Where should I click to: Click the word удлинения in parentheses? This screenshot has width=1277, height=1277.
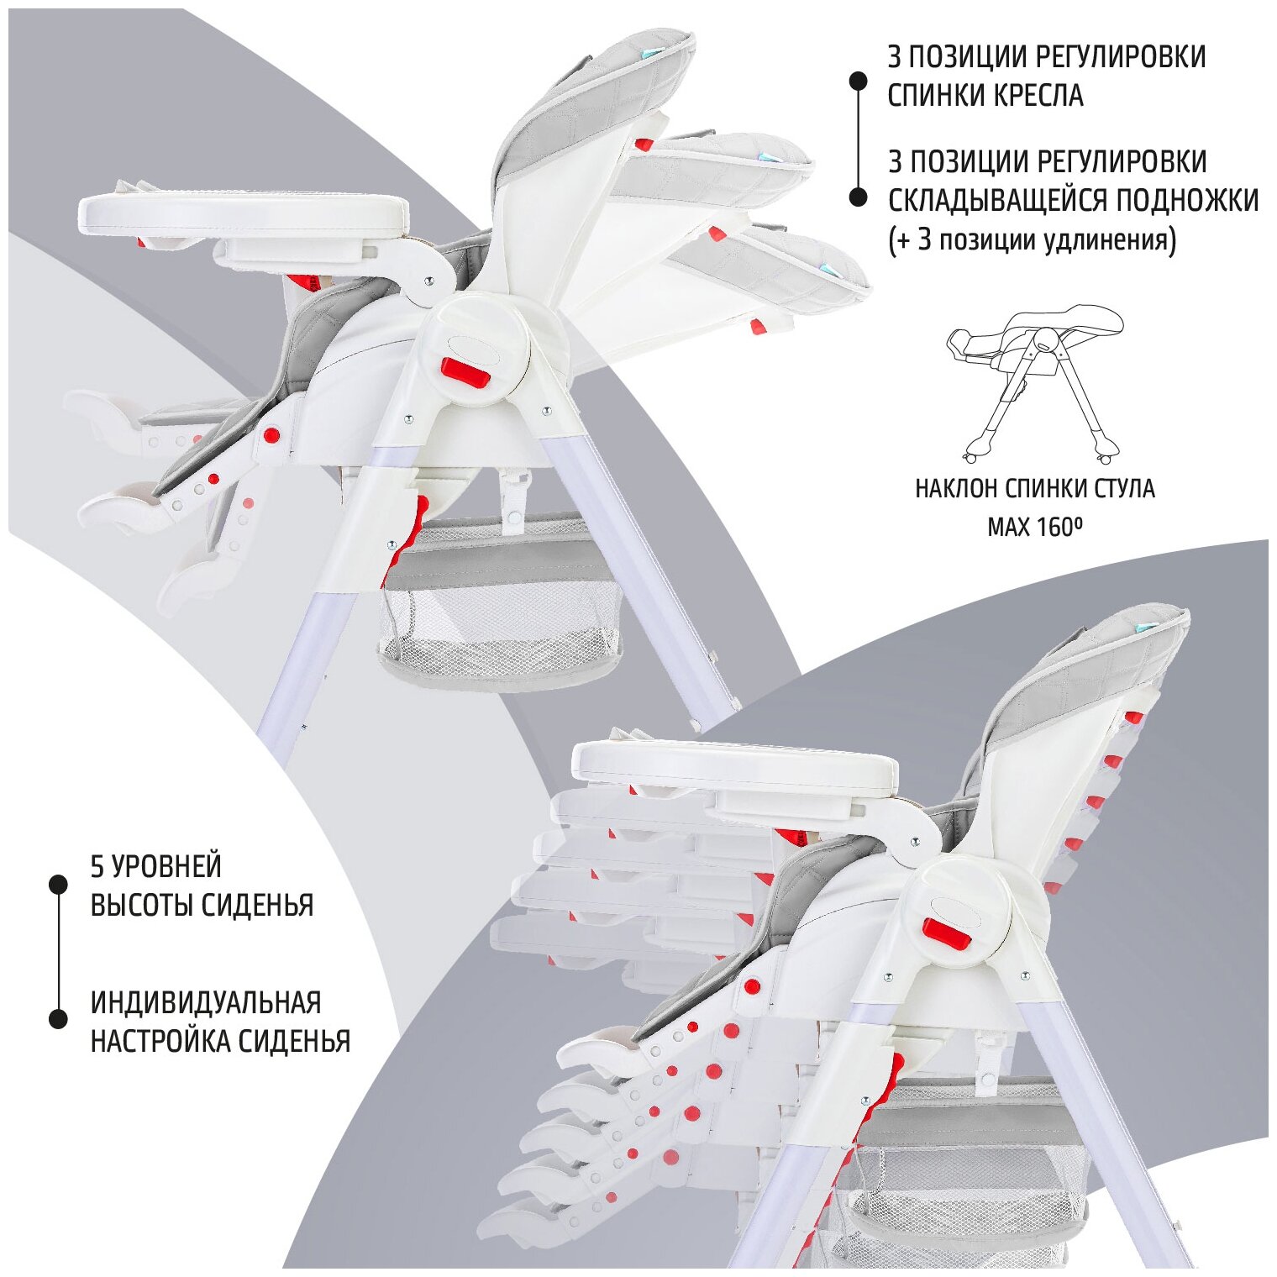tap(1111, 240)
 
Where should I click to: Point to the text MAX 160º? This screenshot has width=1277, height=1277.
tap(1034, 528)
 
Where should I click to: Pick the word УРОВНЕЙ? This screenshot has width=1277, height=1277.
tap(168, 866)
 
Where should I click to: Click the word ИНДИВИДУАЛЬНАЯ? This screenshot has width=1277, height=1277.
tap(206, 1002)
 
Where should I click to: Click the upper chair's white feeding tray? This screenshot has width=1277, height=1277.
tap(244, 213)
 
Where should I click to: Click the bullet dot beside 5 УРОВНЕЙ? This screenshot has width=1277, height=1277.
tap(58, 884)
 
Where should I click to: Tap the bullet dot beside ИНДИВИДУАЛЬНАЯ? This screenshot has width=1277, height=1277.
tap(58, 1019)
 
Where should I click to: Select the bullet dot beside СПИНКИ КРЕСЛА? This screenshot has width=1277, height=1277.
tap(858, 81)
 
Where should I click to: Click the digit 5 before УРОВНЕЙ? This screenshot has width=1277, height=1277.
tap(97, 866)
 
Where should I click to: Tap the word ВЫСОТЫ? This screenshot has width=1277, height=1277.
tap(142, 905)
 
